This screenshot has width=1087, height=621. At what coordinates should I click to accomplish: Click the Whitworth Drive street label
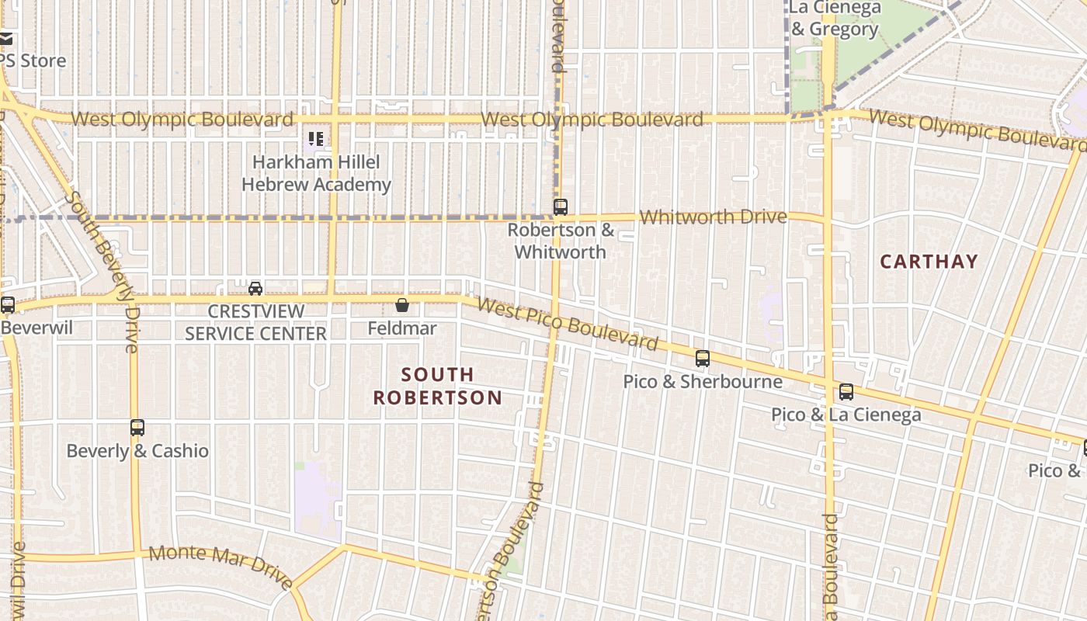(713, 217)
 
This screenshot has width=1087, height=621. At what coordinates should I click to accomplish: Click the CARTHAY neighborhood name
(929, 262)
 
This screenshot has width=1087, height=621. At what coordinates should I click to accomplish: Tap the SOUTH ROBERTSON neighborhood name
(438, 386)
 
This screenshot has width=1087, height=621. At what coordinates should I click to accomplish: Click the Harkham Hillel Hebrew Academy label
(316, 173)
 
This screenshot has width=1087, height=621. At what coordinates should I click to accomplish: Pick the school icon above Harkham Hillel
(315, 140)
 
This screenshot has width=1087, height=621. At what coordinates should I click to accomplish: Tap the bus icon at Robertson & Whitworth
(560, 207)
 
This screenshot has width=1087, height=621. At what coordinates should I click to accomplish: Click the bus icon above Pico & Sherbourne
(703, 359)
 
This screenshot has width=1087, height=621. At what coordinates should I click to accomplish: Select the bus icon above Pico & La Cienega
(846, 392)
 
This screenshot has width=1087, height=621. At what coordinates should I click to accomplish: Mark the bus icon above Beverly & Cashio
(137, 428)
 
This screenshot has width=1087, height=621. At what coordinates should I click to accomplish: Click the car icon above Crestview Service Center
(255, 289)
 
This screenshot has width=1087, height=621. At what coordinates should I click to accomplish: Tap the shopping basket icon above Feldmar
(402, 305)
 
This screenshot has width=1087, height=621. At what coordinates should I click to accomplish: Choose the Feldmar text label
(402, 328)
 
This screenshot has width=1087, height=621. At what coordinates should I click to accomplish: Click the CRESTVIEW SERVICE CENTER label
(255, 322)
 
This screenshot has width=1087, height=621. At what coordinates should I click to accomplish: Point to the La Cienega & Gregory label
(835, 19)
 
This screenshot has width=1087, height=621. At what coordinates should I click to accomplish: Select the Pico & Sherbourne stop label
(703, 382)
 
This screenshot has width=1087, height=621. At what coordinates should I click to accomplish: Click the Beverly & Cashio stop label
(137, 451)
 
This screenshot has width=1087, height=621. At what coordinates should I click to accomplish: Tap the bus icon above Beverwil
(8, 305)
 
